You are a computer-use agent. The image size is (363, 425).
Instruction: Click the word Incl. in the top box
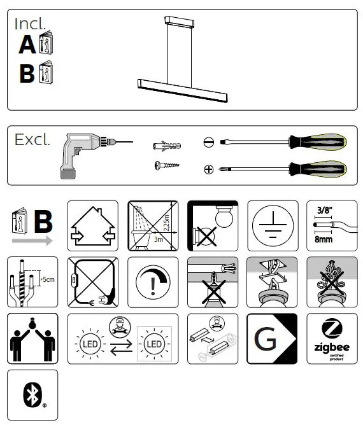(x=30, y=24)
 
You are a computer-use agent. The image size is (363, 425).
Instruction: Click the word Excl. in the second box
(x=32, y=140)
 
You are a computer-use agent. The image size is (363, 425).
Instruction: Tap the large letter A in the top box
(x=27, y=45)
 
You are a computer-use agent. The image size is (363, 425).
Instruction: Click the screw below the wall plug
(x=167, y=166)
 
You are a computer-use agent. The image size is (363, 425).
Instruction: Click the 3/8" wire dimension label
(x=325, y=208)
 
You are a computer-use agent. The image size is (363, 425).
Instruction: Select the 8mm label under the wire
(x=325, y=241)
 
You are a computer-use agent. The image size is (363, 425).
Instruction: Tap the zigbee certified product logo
(x=332, y=339)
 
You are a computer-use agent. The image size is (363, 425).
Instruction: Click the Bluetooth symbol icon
(x=32, y=395)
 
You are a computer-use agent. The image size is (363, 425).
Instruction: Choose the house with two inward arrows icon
(x=92, y=226)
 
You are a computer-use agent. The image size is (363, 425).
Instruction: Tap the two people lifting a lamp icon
(x=32, y=339)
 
